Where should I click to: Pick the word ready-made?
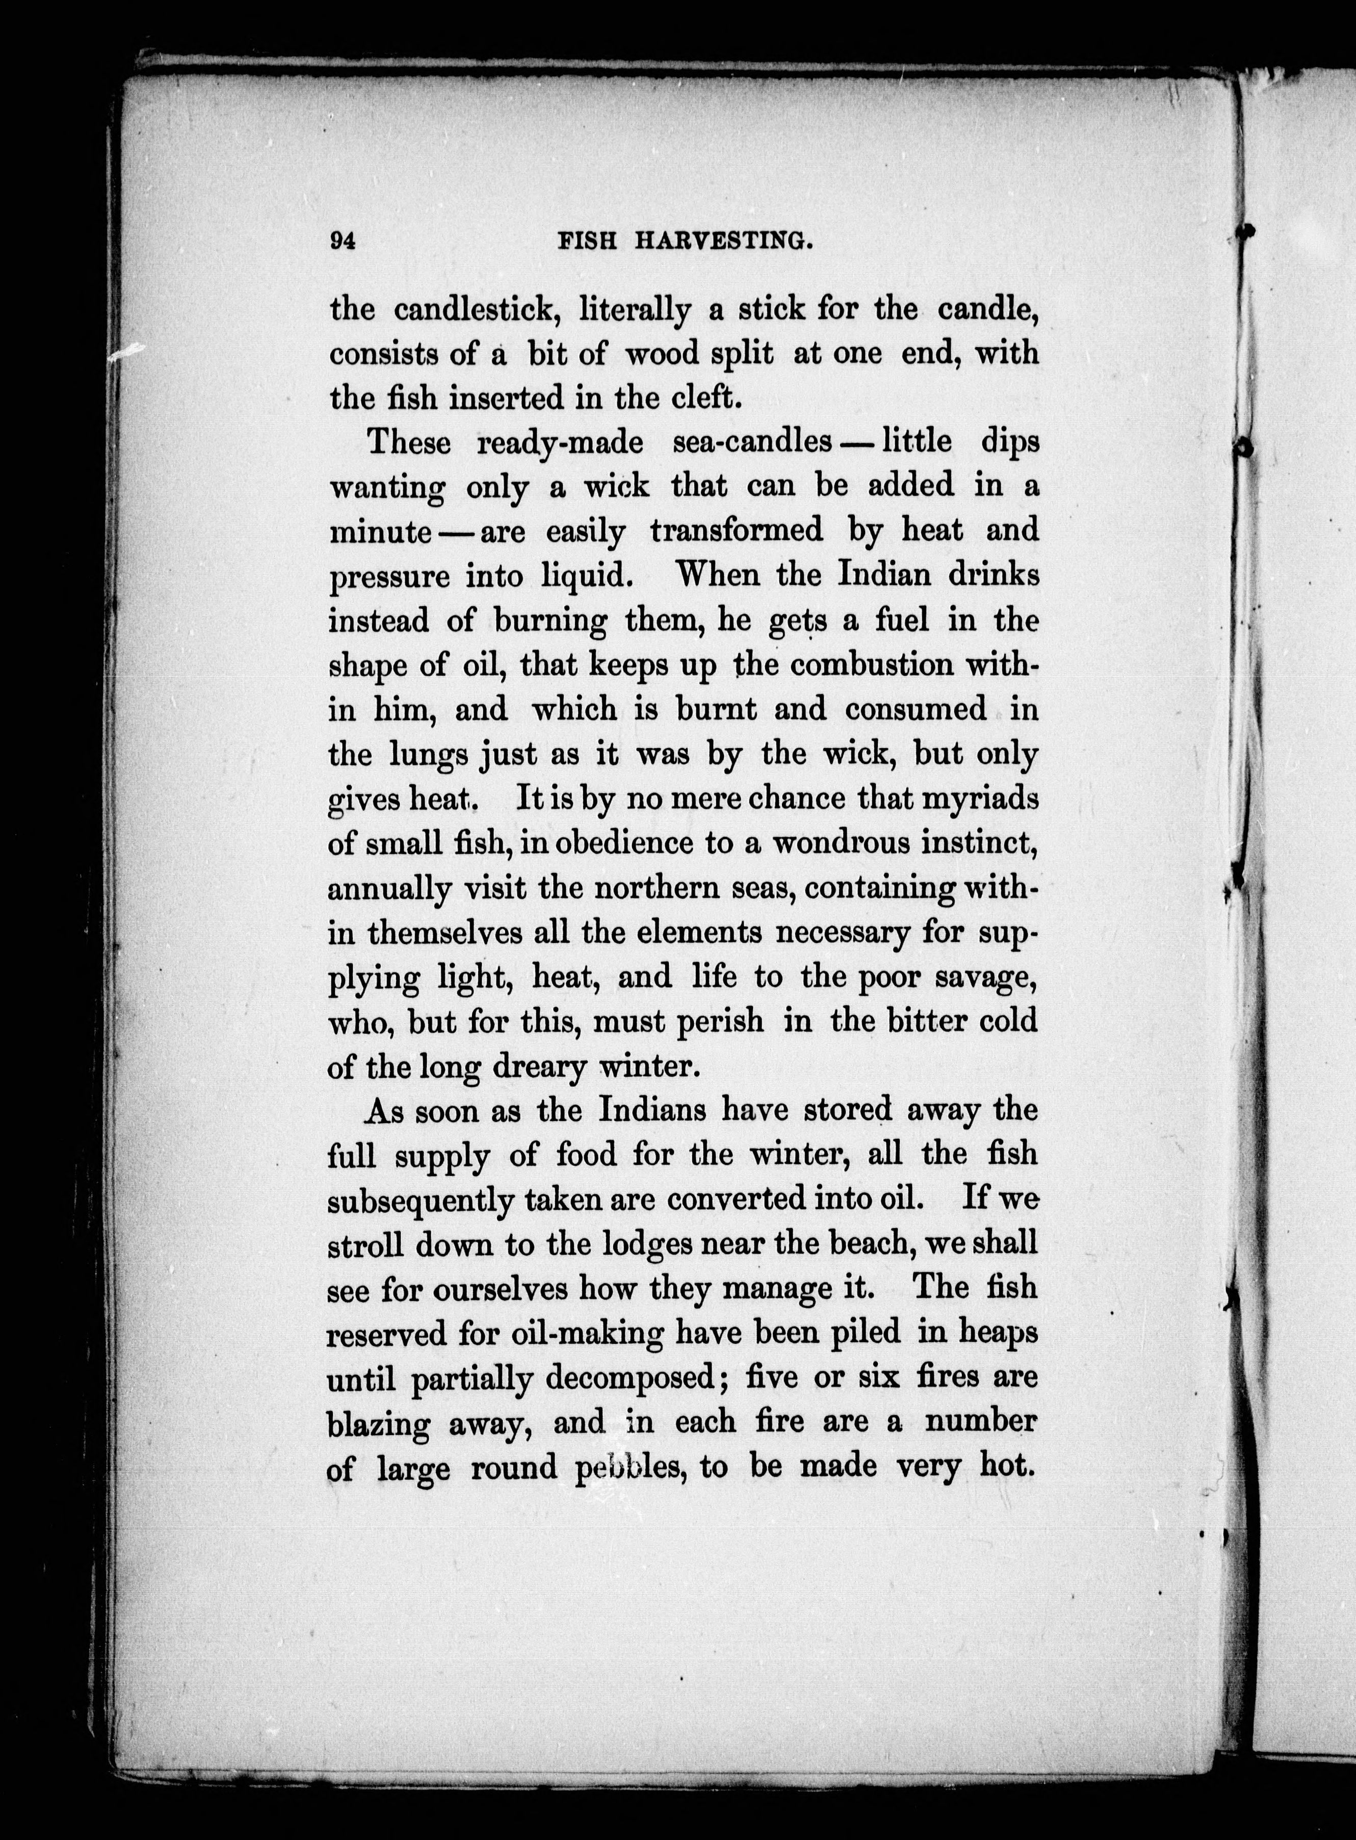tap(561, 443)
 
